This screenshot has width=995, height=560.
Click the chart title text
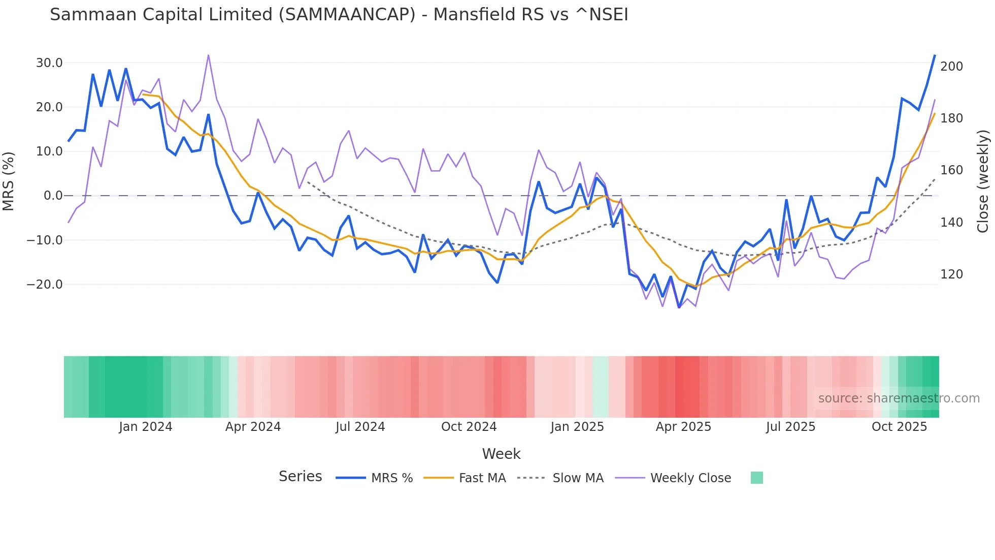tap(339, 15)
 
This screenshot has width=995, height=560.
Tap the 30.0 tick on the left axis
tap(49, 63)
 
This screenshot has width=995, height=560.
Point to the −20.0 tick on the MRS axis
tap(45, 285)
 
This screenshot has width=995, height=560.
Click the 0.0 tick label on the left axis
tap(53, 196)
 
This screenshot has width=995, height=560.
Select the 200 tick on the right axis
tap(951, 67)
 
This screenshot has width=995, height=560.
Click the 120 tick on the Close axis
tap(951, 274)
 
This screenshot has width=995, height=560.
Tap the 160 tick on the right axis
tap(951, 170)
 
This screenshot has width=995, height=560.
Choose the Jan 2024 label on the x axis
tap(146, 427)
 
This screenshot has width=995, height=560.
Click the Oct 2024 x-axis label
tap(469, 427)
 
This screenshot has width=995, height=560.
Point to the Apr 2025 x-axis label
tap(683, 427)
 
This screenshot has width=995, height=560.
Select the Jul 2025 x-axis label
tap(790, 427)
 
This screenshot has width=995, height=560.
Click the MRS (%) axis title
tap(9, 181)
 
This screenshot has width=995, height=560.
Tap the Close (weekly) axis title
tap(983, 181)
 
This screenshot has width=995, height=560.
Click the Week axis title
tap(501, 454)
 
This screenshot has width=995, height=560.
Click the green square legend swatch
tap(756, 478)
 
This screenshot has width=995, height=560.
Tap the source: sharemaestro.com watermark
tap(899, 398)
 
